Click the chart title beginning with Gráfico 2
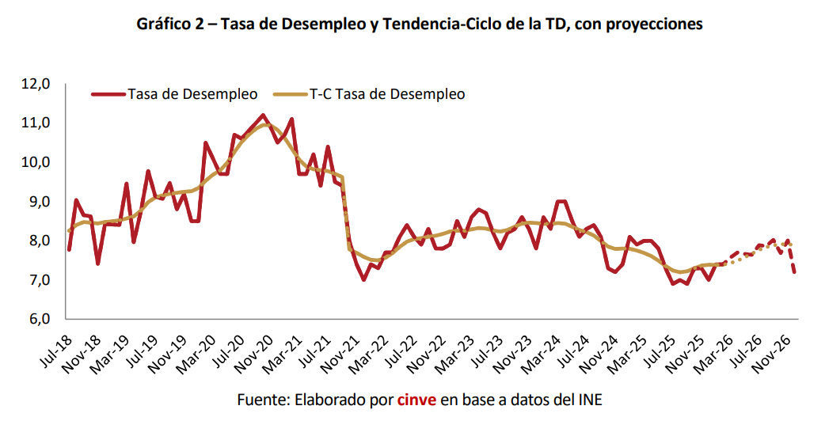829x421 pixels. [x=420, y=25]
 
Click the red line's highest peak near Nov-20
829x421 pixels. [x=263, y=116]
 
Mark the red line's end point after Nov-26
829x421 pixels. [x=793, y=273]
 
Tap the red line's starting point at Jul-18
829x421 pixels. [x=69, y=250]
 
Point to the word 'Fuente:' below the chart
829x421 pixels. [x=261, y=400]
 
